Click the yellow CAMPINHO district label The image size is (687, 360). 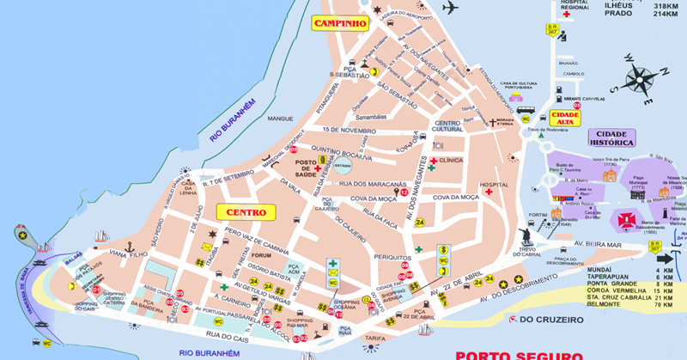341,23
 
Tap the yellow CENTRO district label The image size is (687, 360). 246,211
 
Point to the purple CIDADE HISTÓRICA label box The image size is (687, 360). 611,137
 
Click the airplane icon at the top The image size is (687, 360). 449,8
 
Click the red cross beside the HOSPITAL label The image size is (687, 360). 488,192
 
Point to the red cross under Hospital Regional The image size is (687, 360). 566,15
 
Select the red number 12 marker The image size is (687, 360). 404,193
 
